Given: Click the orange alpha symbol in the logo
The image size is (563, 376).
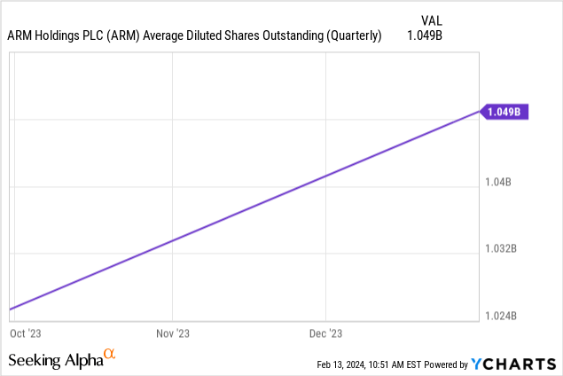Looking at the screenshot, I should [110, 354].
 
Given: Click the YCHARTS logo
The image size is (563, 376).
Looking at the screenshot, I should [513, 363].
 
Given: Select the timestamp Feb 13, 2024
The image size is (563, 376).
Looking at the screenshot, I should [346, 364].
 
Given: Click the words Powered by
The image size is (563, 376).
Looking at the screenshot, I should [440, 364].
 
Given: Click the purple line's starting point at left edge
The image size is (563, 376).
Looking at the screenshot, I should [10, 309].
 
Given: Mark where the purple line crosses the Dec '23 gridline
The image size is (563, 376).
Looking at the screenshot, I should [325, 175].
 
